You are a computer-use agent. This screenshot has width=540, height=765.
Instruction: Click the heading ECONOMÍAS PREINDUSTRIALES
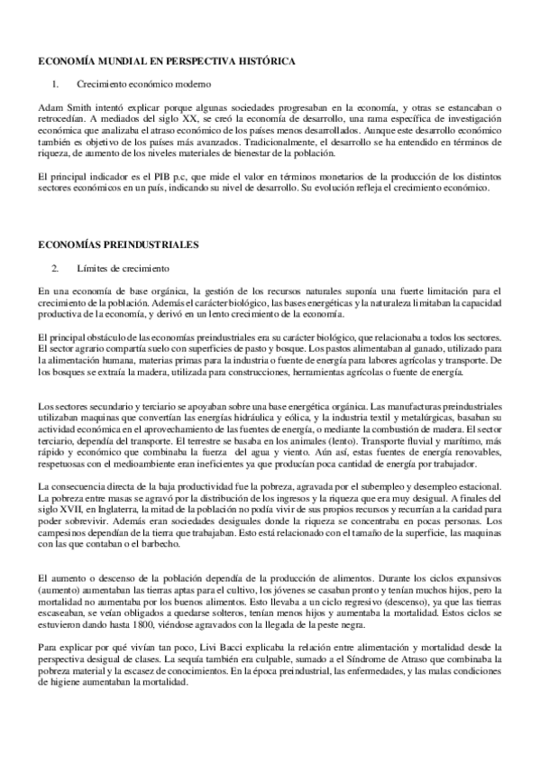118,244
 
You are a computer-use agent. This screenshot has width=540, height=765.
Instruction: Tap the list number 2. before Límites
56,267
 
